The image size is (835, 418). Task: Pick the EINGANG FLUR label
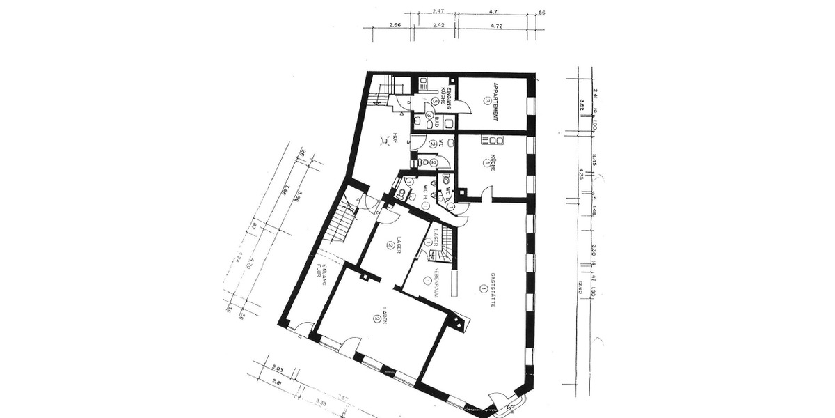pyautogui.click(x=321, y=266)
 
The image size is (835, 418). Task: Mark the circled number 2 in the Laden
pyautogui.click(x=375, y=318)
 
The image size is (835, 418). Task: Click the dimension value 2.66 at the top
pyautogui.click(x=395, y=25)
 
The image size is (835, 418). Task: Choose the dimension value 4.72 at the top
pyautogui.click(x=497, y=25)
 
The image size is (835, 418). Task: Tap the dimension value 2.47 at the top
pyautogui.click(x=438, y=11)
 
